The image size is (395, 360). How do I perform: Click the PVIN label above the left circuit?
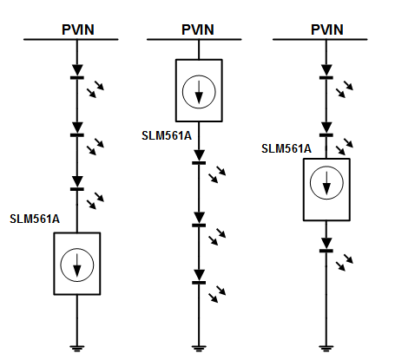[x=78, y=29]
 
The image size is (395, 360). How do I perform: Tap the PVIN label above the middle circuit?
[x=198, y=29]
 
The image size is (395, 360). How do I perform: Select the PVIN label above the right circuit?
[x=327, y=29]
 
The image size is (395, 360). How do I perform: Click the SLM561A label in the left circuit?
[x=35, y=219]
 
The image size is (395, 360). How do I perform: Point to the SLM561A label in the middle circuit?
[x=167, y=135]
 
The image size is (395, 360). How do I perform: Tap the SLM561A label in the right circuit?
[x=286, y=148]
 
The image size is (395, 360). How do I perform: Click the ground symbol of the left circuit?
[x=77, y=348]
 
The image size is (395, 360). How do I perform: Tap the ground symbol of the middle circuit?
[x=199, y=348]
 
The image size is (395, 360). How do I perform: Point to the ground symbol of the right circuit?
[x=326, y=348]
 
